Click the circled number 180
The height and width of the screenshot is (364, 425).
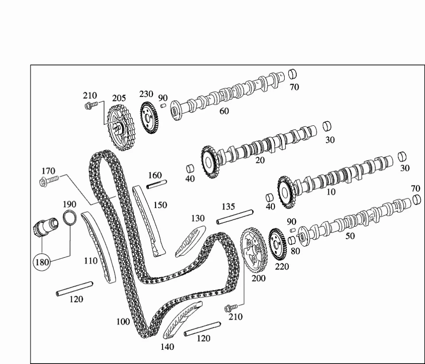(x=42, y=262)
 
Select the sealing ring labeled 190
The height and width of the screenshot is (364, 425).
(x=70, y=217)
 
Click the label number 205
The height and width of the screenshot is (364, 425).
(x=119, y=98)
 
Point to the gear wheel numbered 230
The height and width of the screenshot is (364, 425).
(x=149, y=118)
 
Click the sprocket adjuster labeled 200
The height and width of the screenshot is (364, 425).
(x=254, y=251)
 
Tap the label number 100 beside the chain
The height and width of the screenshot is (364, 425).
(x=123, y=322)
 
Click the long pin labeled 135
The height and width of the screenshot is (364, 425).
(x=235, y=217)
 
